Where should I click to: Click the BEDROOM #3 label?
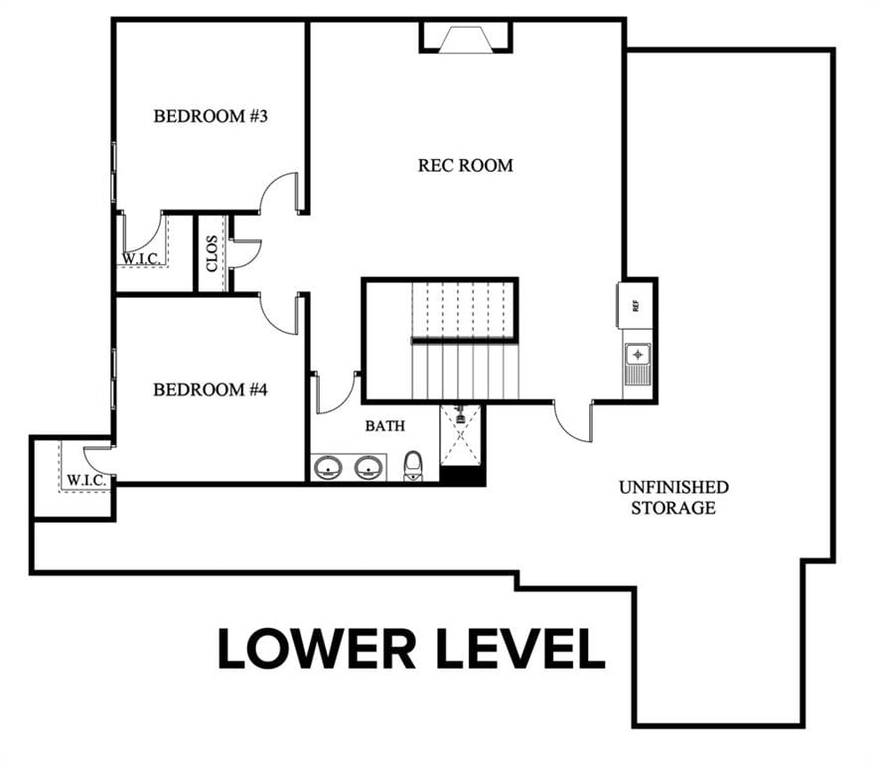coord(211,116)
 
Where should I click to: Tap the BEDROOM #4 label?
coord(211,389)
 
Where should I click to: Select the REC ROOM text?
coord(466,165)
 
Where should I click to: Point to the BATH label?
coord(384,426)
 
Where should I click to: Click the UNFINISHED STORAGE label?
coord(673,498)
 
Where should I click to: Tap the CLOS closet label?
coord(212,253)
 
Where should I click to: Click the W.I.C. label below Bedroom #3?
coord(142,258)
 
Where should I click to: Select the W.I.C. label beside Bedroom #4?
coord(86,480)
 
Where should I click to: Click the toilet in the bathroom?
coord(412,466)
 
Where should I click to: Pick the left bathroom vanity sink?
coord(327,467)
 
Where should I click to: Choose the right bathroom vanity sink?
coord(368,467)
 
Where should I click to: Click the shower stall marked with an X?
coord(461,435)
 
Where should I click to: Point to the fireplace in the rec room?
coord(466,38)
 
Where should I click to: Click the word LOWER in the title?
coord(317,649)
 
